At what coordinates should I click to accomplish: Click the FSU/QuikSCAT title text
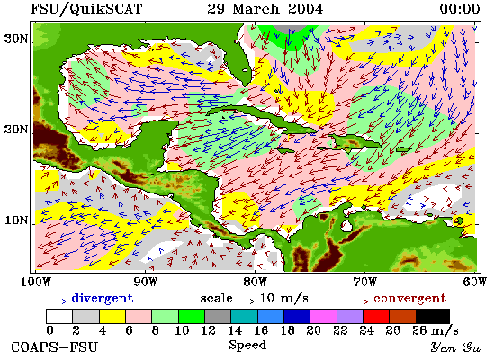tap(86, 8)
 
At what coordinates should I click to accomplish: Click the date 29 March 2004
tap(265, 8)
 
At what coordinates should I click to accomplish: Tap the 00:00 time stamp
tap(460, 8)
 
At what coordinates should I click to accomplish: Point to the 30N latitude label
tap(16, 39)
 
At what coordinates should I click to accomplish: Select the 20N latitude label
tap(16, 130)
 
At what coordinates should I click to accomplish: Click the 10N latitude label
tap(16, 220)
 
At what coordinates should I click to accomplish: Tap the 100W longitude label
tap(36, 282)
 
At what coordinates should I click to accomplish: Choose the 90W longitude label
tap(145, 282)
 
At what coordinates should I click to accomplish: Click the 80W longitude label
tap(255, 282)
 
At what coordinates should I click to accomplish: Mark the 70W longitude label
tap(364, 282)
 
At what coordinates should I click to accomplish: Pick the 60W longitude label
tap(475, 282)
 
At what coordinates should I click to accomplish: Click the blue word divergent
tap(103, 299)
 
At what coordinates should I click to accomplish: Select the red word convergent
tap(410, 299)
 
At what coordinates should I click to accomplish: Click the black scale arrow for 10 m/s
tap(246, 301)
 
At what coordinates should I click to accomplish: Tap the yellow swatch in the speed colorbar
tap(112, 316)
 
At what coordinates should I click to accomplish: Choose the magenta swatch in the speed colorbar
tap(323, 316)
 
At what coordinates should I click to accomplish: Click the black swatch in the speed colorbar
tap(433, 316)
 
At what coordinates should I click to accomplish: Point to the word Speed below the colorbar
tap(247, 345)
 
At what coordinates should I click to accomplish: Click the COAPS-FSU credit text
tap(54, 347)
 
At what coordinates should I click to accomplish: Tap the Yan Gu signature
tap(456, 347)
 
